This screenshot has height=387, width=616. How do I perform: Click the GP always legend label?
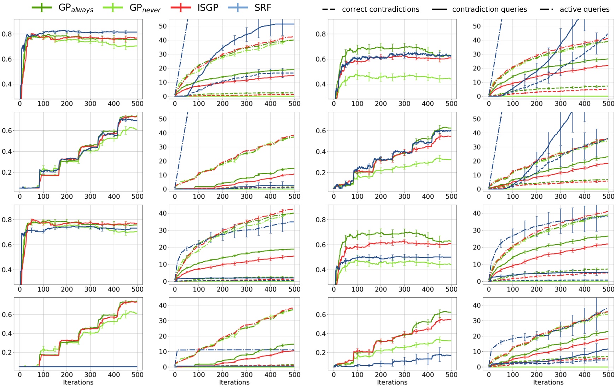tap(76, 8)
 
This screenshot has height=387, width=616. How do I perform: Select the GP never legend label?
tap(145, 8)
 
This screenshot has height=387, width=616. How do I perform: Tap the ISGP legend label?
tap(208, 8)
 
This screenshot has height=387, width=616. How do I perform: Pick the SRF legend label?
tap(263, 8)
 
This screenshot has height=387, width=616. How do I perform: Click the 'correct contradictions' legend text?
tap(380, 10)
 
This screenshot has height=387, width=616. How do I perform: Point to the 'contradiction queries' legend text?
tap(489, 10)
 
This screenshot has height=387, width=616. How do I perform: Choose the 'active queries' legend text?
tap(585, 10)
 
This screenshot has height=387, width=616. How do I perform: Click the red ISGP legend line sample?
tap(181, 7)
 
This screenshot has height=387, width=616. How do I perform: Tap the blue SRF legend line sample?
tap(238, 7)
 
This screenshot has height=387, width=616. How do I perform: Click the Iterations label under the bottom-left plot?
tap(78, 382)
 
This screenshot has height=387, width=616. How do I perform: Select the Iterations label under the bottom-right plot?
tap(548, 382)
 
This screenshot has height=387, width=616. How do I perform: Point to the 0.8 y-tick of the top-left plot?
tap(7, 34)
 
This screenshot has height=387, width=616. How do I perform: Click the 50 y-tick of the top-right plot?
tap(477, 26)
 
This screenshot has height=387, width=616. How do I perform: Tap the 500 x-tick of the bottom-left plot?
tap(137, 375)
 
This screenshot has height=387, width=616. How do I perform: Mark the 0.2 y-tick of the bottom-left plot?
tap(7, 352)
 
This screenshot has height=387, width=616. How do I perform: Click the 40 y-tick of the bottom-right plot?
tap(477, 305)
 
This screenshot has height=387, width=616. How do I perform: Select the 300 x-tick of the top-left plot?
tap(90, 104)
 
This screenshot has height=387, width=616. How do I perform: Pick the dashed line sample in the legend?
tap(329, 10)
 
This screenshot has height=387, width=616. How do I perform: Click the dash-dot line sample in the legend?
tap(547, 10)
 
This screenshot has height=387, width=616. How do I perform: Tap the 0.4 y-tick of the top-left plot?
tap(7, 84)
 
